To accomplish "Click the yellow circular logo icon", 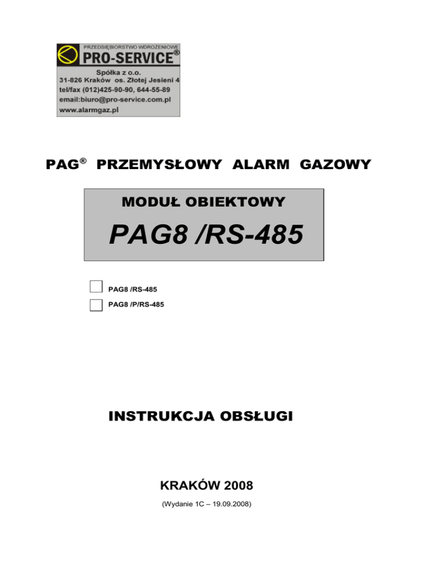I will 68,55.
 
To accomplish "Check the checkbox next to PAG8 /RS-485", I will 96,287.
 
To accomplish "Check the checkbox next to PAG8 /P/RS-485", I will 96,305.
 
